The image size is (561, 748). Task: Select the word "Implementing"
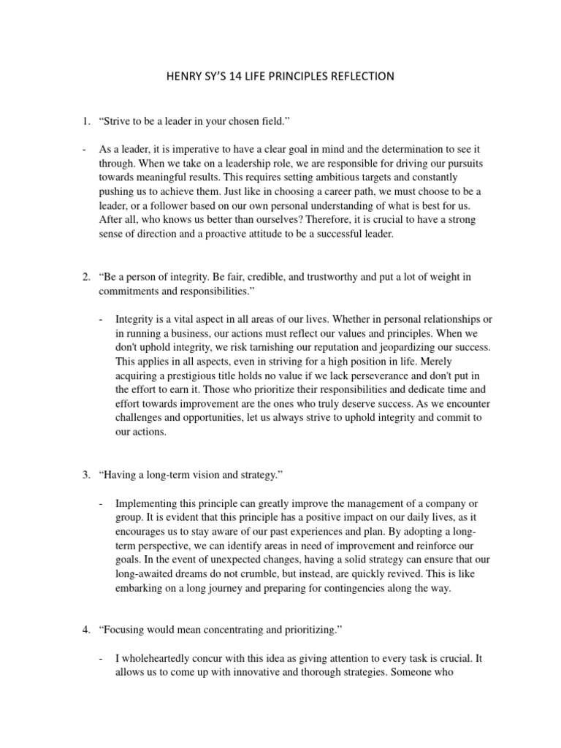149,504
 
